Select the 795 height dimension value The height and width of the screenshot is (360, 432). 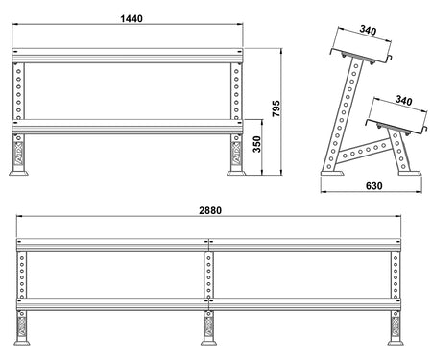point(276,108)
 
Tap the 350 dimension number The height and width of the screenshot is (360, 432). point(256,145)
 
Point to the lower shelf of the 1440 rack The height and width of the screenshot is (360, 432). point(127,124)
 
